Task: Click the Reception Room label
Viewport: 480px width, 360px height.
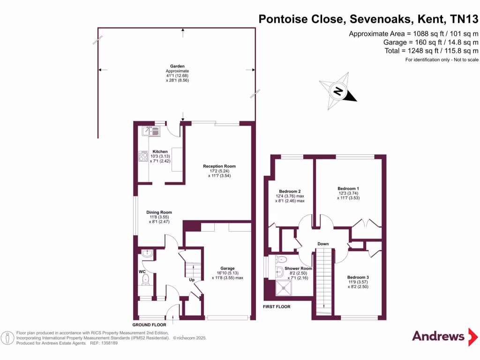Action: [x=219, y=166]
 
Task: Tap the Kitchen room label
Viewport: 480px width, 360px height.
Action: [x=160, y=152]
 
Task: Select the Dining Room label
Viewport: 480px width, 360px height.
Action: [x=159, y=212]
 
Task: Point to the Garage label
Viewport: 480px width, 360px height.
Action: [x=227, y=268]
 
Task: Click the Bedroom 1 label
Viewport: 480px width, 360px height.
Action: [x=348, y=188]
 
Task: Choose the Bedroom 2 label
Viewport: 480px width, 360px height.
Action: [x=290, y=191]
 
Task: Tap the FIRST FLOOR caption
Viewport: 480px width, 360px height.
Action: [x=277, y=307]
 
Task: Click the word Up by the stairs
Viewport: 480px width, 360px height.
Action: [x=192, y=280]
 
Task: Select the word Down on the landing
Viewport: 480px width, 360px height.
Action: [x=323, y=244]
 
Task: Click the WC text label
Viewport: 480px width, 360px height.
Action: [x=142, y=271]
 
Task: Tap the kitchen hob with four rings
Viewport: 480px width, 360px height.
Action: [x=143, y=157]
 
